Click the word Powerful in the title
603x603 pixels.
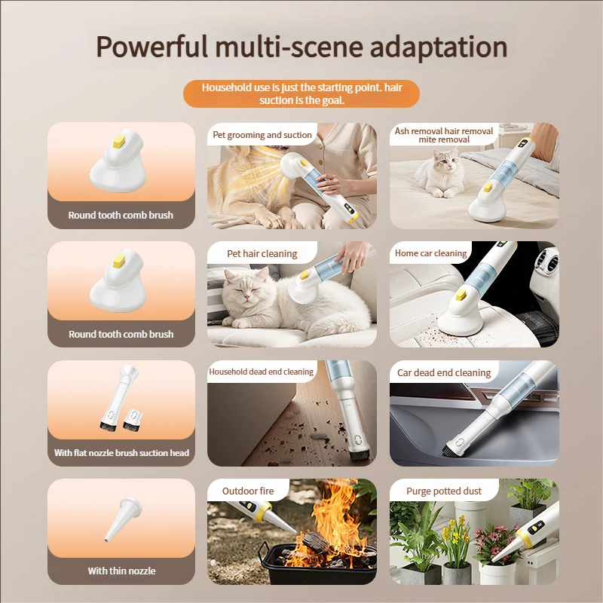pos(151,47)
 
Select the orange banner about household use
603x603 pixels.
pos(301,94)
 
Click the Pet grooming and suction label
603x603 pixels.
pos(262,135)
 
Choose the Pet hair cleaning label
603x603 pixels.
pos(262,254)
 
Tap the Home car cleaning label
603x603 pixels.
pos(430,253)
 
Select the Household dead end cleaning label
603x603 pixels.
pos(261,372)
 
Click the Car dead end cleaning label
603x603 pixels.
pos(443,372)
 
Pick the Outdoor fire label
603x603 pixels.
pos(248,491)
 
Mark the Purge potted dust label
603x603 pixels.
pos(443,491)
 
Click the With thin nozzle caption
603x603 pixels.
pos(121,571)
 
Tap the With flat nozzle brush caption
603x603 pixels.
pos(121,453)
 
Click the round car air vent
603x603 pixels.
pos(544,264)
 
